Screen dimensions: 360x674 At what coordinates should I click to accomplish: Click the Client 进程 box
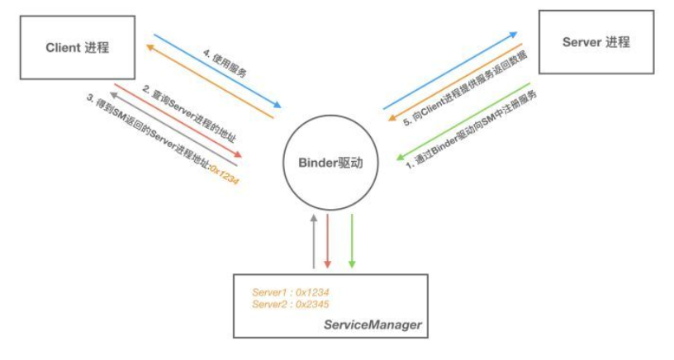coord(77,48)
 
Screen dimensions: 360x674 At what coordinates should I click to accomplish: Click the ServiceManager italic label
coord(372,325)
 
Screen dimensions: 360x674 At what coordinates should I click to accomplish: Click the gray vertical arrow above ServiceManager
coord(314,241)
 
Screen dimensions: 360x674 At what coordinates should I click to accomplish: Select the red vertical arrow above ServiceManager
coord(328,241)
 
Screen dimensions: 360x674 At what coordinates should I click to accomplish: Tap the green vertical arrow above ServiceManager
coord(352,241)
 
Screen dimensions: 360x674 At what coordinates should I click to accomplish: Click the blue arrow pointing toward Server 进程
coord(450,71)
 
